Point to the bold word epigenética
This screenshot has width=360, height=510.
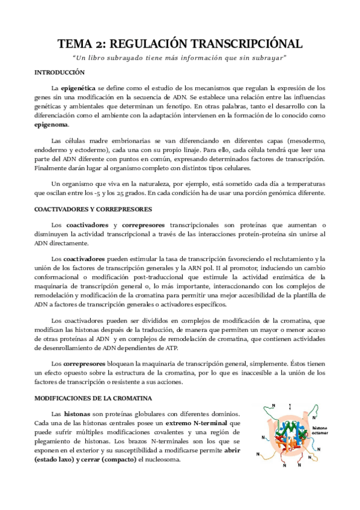pos(78,87)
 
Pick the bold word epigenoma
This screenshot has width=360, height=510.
pos(52,125)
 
